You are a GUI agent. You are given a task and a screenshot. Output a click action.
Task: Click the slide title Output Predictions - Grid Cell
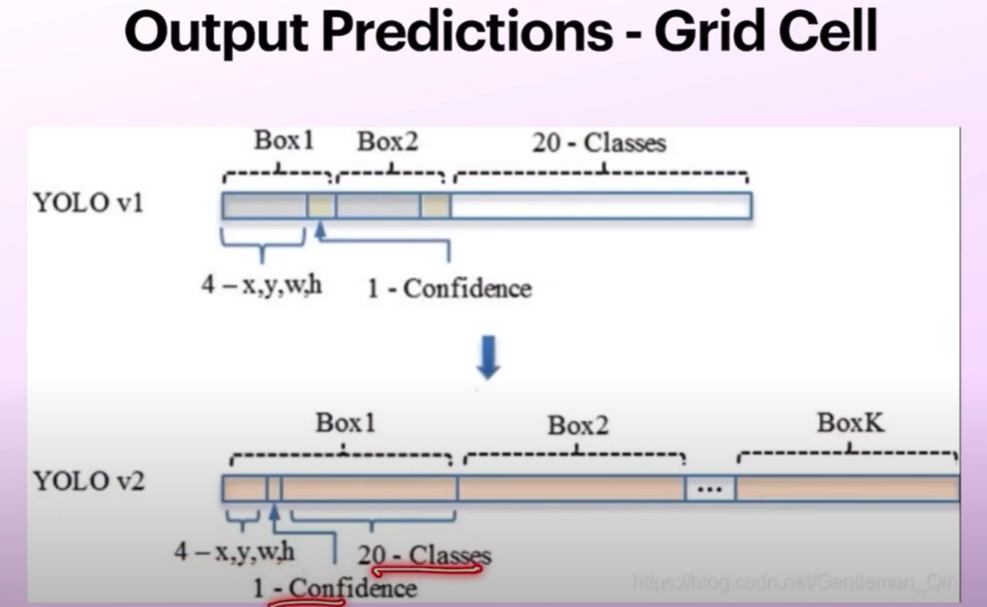[x=500, y=34]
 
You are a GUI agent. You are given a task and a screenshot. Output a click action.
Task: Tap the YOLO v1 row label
[x=89, y=203]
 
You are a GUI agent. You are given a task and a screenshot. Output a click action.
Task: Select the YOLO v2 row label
[x=89, y=482]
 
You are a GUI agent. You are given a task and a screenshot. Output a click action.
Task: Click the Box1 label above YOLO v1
[x=284, y=141]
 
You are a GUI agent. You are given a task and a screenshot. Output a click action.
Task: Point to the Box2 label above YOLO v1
[x=388, y=142]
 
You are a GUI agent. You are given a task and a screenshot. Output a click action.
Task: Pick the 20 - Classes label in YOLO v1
[x=598, y=143]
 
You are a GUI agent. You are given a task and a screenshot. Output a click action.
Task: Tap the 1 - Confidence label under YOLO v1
[x=449, y=288]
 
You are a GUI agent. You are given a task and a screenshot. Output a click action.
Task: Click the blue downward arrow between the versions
[x=488, y=357]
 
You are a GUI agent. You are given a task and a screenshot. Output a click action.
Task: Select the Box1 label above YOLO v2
[x=345, y=424]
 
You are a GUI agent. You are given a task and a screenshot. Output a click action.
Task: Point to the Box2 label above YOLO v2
[x=578, y=425]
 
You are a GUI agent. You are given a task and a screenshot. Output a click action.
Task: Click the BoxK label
[x=850, y=424]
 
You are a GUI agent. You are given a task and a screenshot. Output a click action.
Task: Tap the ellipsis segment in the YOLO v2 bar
[x=710, y=488]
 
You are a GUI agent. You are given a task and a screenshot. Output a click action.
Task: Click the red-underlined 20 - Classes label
[x=424, y=555]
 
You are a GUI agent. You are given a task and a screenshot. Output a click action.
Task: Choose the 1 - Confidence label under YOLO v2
[x=335, y=588]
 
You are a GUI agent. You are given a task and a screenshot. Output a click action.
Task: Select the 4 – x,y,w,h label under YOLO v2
[x=234, y=552]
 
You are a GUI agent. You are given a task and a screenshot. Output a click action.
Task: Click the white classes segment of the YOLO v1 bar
[x=600, y=206]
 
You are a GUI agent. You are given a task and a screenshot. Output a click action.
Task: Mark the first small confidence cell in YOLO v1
[x=321, y=206]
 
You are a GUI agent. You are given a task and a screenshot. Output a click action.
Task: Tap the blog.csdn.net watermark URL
[x=794, y=582]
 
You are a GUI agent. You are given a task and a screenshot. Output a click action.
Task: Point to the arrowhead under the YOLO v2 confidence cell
[x=274, y=509]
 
